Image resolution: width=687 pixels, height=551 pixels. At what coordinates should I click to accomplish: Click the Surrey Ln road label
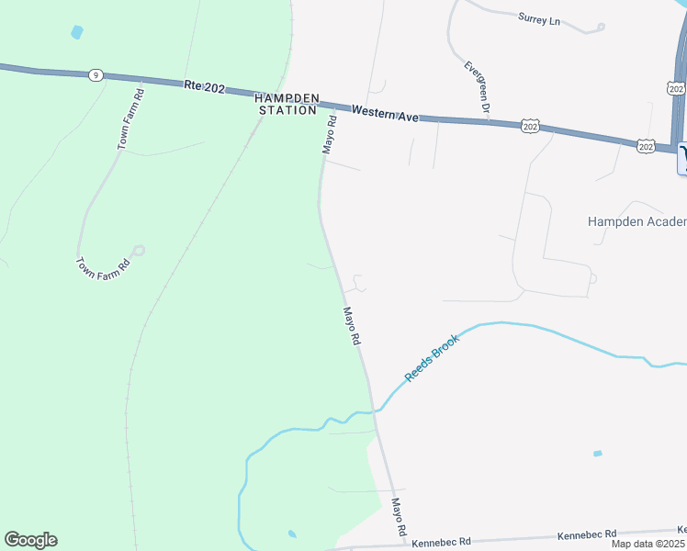click(x=539, y=18)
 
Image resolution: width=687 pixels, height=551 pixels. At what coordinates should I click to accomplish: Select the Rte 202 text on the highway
click(x=203, y=85)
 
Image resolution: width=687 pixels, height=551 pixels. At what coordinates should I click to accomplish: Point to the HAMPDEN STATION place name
click(x=287, y=104)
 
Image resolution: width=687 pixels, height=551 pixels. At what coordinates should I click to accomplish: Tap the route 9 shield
click(x=96, y=74)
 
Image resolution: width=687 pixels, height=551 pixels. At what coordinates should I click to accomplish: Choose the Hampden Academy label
click(x=636, y=221)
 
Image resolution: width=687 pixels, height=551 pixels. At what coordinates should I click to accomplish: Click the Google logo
click(x=30, y=539)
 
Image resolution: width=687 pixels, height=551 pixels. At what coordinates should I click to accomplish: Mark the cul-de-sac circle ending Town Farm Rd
click(x=139, y=250)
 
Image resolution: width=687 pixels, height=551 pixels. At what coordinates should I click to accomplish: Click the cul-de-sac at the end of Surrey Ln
click(x=602, y=27)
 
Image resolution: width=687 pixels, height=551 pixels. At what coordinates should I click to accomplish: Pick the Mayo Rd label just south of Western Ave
click(x=329, y=134)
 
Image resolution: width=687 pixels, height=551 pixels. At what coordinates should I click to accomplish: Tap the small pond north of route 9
click(x=76, y=32)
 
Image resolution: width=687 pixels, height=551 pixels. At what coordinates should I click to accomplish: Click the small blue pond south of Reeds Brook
click(x=598, y=453)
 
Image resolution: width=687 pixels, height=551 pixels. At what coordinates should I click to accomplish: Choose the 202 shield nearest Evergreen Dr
click(x=529, y=126)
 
